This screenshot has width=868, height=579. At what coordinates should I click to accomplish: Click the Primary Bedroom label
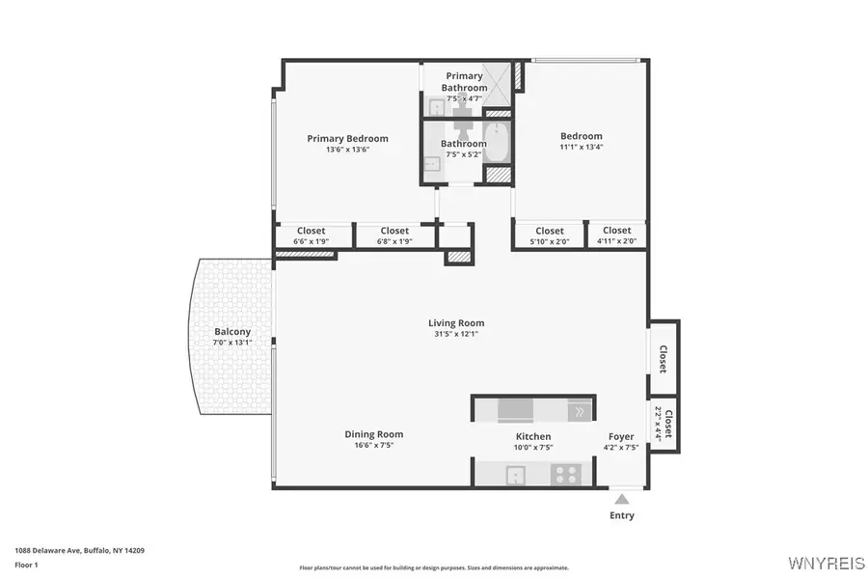click(x=347, y=138)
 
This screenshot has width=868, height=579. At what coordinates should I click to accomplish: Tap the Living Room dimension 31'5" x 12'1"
click(x=456, y=334)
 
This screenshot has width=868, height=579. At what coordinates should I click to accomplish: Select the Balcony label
click(x=232, y=331)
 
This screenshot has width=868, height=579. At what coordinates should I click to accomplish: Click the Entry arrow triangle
click(x=622, y=499)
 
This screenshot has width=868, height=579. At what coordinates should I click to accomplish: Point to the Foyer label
click(x=621, y=436)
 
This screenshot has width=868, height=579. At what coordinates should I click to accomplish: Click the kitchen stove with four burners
click(x=564, y=474)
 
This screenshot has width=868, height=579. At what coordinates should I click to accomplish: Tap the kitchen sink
click(x=516, y=474)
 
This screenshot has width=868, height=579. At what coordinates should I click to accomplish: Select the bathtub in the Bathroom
click(x=497, y=142)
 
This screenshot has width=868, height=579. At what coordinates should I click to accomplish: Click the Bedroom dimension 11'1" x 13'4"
click(x=581, y=148)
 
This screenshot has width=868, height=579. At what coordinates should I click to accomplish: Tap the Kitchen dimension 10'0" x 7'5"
click(x=533, y=447)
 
